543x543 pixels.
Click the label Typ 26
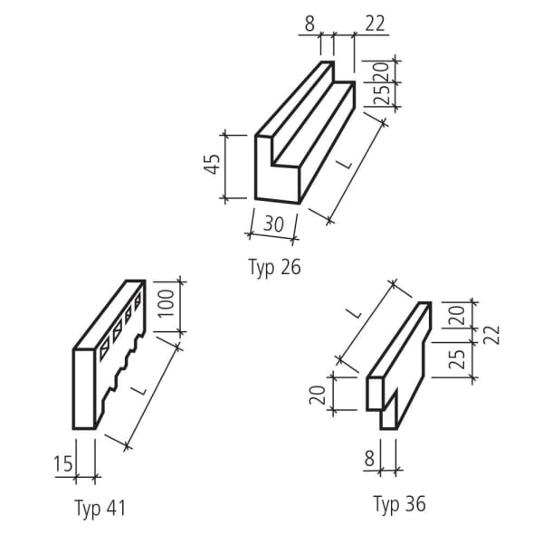(x=273, y=267)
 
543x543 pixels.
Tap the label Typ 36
(x=399, y=503)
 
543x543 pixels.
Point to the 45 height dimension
(x=213, y=166)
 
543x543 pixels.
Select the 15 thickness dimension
(x=62, y=464)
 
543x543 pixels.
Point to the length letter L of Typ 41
(x=138, y=389)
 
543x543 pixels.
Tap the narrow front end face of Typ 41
(x=84, y=389)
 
